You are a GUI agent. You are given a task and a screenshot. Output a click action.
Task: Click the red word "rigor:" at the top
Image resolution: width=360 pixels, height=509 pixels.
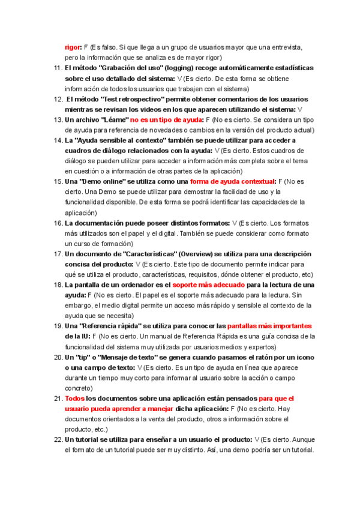tap(73, 46)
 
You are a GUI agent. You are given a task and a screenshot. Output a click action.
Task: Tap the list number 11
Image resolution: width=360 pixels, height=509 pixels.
tap(57, 68)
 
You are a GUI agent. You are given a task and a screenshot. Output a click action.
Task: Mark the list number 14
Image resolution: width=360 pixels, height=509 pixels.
tap(57, 140)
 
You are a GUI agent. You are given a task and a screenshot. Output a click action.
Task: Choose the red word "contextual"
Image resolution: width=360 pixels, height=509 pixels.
tap(255, 181)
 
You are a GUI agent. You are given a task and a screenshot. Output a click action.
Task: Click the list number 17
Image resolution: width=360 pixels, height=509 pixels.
tap(57, 254)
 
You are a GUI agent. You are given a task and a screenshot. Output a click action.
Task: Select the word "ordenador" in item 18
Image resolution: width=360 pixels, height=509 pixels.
tap(131, 285)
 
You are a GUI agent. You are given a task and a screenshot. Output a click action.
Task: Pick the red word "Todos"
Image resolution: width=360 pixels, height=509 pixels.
tap(74, 399)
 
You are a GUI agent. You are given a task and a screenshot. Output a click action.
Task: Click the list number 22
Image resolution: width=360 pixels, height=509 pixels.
tap(57, 440)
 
